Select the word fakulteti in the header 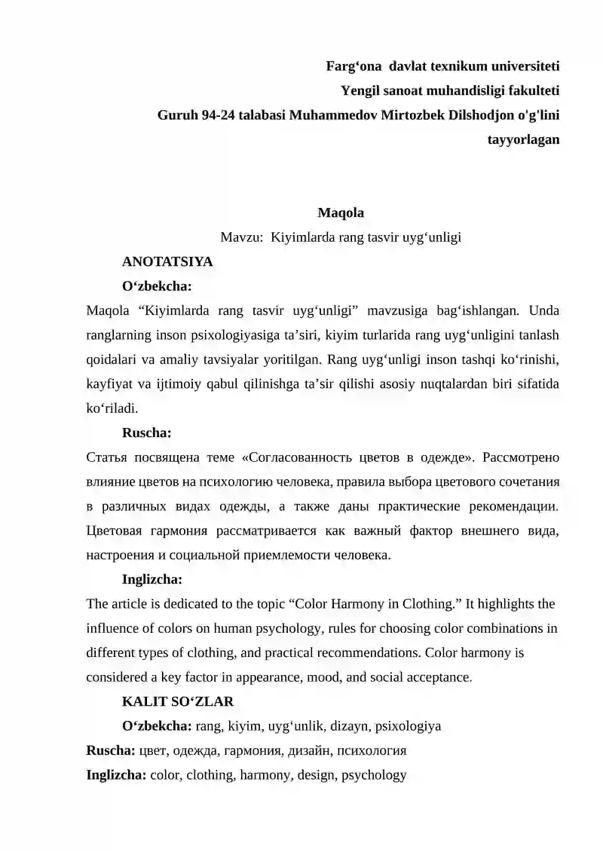click(532, 90)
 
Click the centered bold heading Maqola click(341, 212)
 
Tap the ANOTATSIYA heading click(167, 261)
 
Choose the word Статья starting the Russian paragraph click(106, 458)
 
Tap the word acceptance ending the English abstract click(433, 677)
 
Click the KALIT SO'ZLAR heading click(178, 701)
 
